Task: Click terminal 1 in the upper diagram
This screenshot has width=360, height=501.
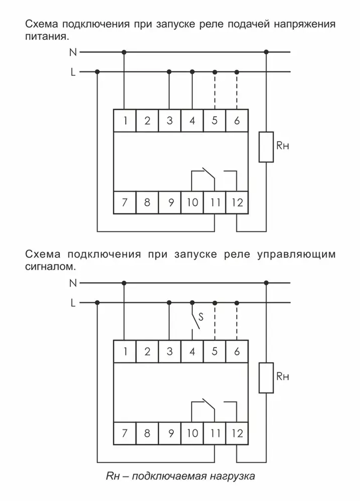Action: (125, 120)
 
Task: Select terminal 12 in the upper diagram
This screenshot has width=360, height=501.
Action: (237, 202)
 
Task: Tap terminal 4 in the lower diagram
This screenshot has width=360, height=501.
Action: (192, 351)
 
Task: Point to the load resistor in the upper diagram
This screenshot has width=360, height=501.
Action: (266, 147)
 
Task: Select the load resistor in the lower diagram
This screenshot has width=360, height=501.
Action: (266, 378)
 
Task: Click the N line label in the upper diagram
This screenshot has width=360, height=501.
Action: (73, 53)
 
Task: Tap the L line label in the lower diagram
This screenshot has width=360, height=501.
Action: (73, 303)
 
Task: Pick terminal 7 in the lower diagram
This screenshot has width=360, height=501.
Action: (125, 433)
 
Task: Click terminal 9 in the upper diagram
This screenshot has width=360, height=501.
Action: (170, 202)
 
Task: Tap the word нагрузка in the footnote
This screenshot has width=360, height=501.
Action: (232, 476)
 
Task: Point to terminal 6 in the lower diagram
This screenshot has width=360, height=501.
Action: (237, 351)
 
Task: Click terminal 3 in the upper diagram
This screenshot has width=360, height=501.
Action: (170, 120)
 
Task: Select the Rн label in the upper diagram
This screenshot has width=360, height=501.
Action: (283, 146)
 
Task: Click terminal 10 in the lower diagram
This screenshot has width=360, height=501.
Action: (192, 433)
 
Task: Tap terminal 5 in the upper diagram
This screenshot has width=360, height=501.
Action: (215, 120)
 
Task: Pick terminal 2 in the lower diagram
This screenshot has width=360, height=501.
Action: (147, 351)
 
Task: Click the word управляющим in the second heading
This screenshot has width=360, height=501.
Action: (296, 255)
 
